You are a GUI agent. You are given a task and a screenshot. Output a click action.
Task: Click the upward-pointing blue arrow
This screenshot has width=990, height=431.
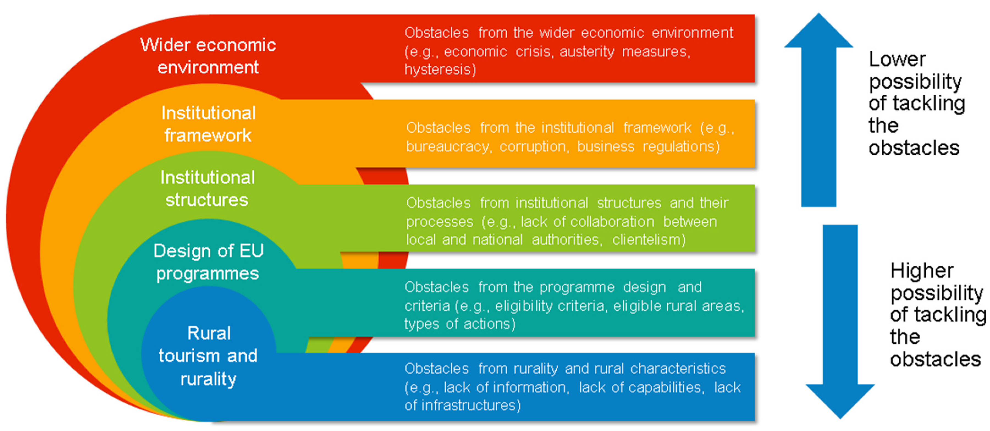tap(819, 115)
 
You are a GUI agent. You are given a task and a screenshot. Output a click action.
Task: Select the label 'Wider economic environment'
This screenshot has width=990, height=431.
tap(208, 56)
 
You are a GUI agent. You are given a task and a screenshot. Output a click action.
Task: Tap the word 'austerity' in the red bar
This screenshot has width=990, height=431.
tap(587, 51)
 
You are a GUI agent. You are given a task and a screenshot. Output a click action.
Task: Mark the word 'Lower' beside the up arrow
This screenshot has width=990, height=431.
tap(897, 60)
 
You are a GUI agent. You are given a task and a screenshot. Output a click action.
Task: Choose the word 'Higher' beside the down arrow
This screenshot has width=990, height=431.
tap(922, 271)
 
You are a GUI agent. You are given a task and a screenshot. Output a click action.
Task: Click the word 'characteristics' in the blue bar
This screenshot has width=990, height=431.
tap(678, 368)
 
